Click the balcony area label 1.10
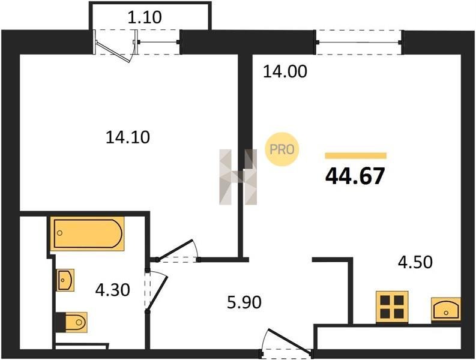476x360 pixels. click(x=145, y=17)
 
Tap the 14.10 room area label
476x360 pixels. click(x=128, y=137)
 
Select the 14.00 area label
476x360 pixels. click(x=285, y=71)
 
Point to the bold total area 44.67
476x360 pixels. click(x=355, y=176)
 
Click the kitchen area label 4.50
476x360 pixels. click(x=415, y=262)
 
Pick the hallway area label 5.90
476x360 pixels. click(x=244, y=302)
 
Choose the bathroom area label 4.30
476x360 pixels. click(x=113, y=290)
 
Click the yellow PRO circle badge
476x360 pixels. click(x=282, y=149)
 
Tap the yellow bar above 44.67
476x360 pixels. click(x=356, y=156)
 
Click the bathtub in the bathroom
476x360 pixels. click(x=87, y=234)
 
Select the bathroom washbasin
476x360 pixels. click(x=65, y=280)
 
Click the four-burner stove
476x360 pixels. click(x=392, y=307)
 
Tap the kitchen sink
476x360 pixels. click(x=446, y=309)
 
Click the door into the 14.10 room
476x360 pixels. click(x=178, y=251)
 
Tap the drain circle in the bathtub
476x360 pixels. click(x=60, y=233)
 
